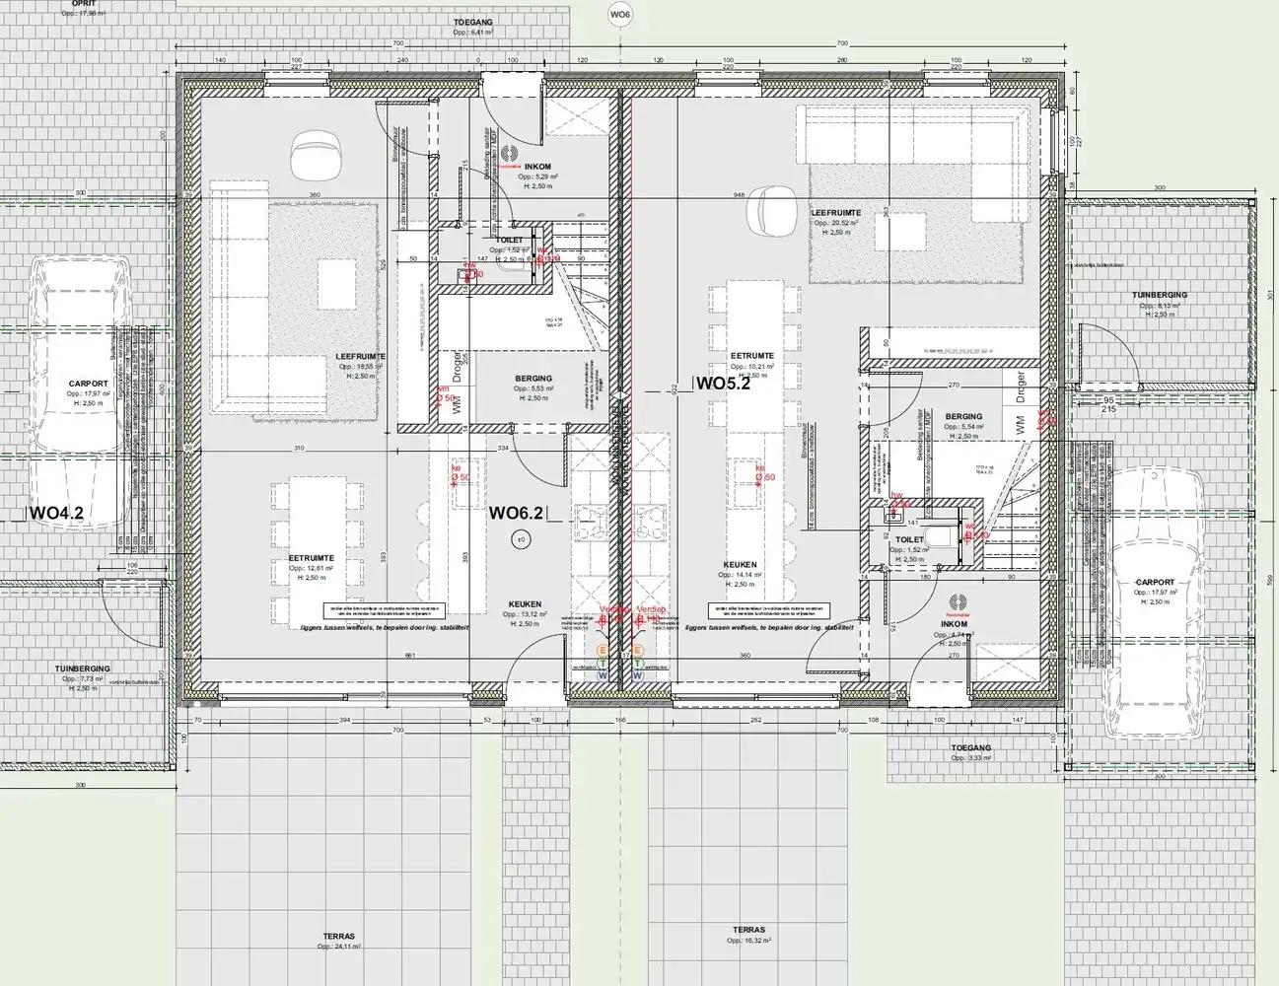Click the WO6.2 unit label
click(x=517, y=513)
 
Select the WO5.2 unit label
click(x=724, y=385)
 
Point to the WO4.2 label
click(x=57, y=513)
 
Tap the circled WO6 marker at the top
click(x=619, y=14)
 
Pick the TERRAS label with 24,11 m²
click(x=338, y=936)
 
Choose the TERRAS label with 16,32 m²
click(x=749, y=930)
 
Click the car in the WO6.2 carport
click(x=79, y=394)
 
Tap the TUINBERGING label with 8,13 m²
click(x=1160, y=295)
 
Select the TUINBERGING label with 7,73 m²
click(x=83, y=669)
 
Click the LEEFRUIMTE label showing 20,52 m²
click(x=836, y=213)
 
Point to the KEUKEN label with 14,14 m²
click(x=740, y=566)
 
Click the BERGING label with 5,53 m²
click(x=533, y=379)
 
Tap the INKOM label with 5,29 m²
click(x=538, y=167)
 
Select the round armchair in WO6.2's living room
click(x=314, y=156)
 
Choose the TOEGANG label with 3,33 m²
click(x=970, y=748)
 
